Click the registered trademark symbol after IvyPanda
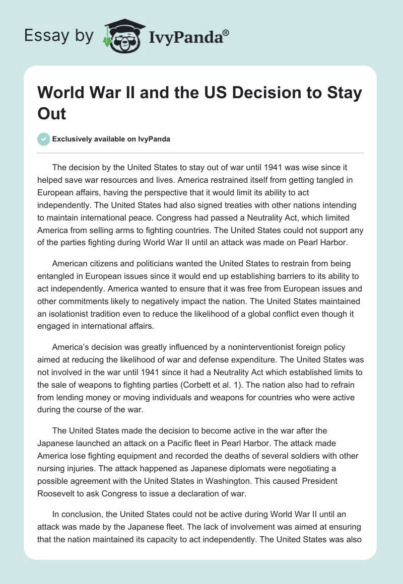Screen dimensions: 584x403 (226, 32)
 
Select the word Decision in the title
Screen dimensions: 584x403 (249, 94)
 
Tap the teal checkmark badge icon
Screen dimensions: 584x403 (44, 139)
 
